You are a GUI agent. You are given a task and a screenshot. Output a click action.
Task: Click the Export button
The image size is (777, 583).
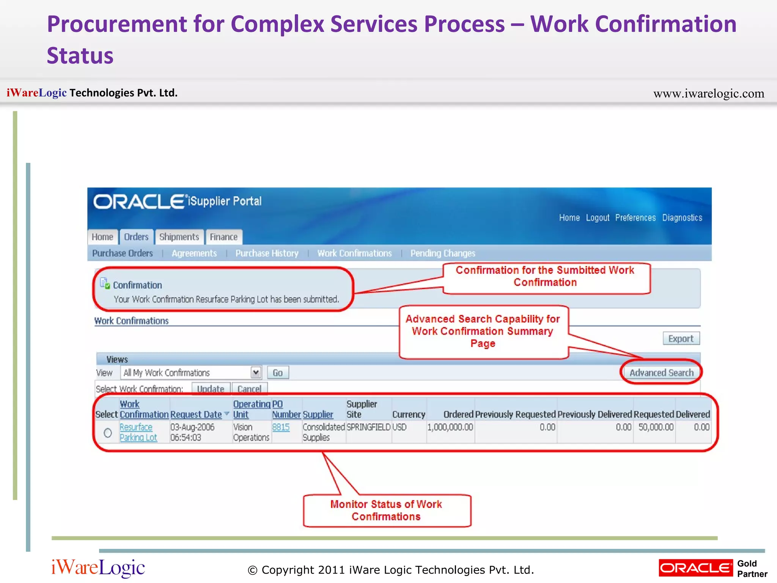[x=681, y=339]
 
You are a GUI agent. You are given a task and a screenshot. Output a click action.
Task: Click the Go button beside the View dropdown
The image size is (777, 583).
[x=278, y=373]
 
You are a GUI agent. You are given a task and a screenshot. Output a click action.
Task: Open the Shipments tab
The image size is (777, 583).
[x=179, y=237]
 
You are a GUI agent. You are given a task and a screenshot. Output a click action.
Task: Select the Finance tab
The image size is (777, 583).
[x=223, y=237]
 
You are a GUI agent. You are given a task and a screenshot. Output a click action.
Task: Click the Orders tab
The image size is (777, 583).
[x=136, y=237]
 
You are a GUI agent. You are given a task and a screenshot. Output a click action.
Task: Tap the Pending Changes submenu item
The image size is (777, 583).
[x=442, y=253]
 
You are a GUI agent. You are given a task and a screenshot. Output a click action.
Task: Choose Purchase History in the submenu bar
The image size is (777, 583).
[x=267, y=253]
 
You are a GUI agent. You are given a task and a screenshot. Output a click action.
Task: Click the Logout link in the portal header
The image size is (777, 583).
[x=598, y=217]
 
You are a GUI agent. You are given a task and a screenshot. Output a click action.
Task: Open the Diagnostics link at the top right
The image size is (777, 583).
[x=682, y=217]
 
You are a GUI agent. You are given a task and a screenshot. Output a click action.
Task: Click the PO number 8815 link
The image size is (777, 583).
[x=281, y=427]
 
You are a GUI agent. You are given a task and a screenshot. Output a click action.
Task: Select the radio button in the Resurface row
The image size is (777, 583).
[x=108, y=433]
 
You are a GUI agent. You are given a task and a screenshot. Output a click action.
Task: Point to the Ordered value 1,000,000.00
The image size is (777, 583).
[x=450, y=427]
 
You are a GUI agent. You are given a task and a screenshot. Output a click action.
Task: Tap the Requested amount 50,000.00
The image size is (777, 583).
[x=656, y=427]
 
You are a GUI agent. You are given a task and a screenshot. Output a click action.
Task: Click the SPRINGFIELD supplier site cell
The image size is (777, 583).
[x=368, y=427]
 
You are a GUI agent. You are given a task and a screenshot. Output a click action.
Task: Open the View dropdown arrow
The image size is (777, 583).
[x=256, y=372]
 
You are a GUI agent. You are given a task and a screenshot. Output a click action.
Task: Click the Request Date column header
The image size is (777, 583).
[x=196, y=414]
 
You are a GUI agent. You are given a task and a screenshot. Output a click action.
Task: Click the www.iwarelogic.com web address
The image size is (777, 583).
[x=708, y=93]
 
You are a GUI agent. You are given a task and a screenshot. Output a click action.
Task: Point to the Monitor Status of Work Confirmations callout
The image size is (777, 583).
[x=386, y=510]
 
